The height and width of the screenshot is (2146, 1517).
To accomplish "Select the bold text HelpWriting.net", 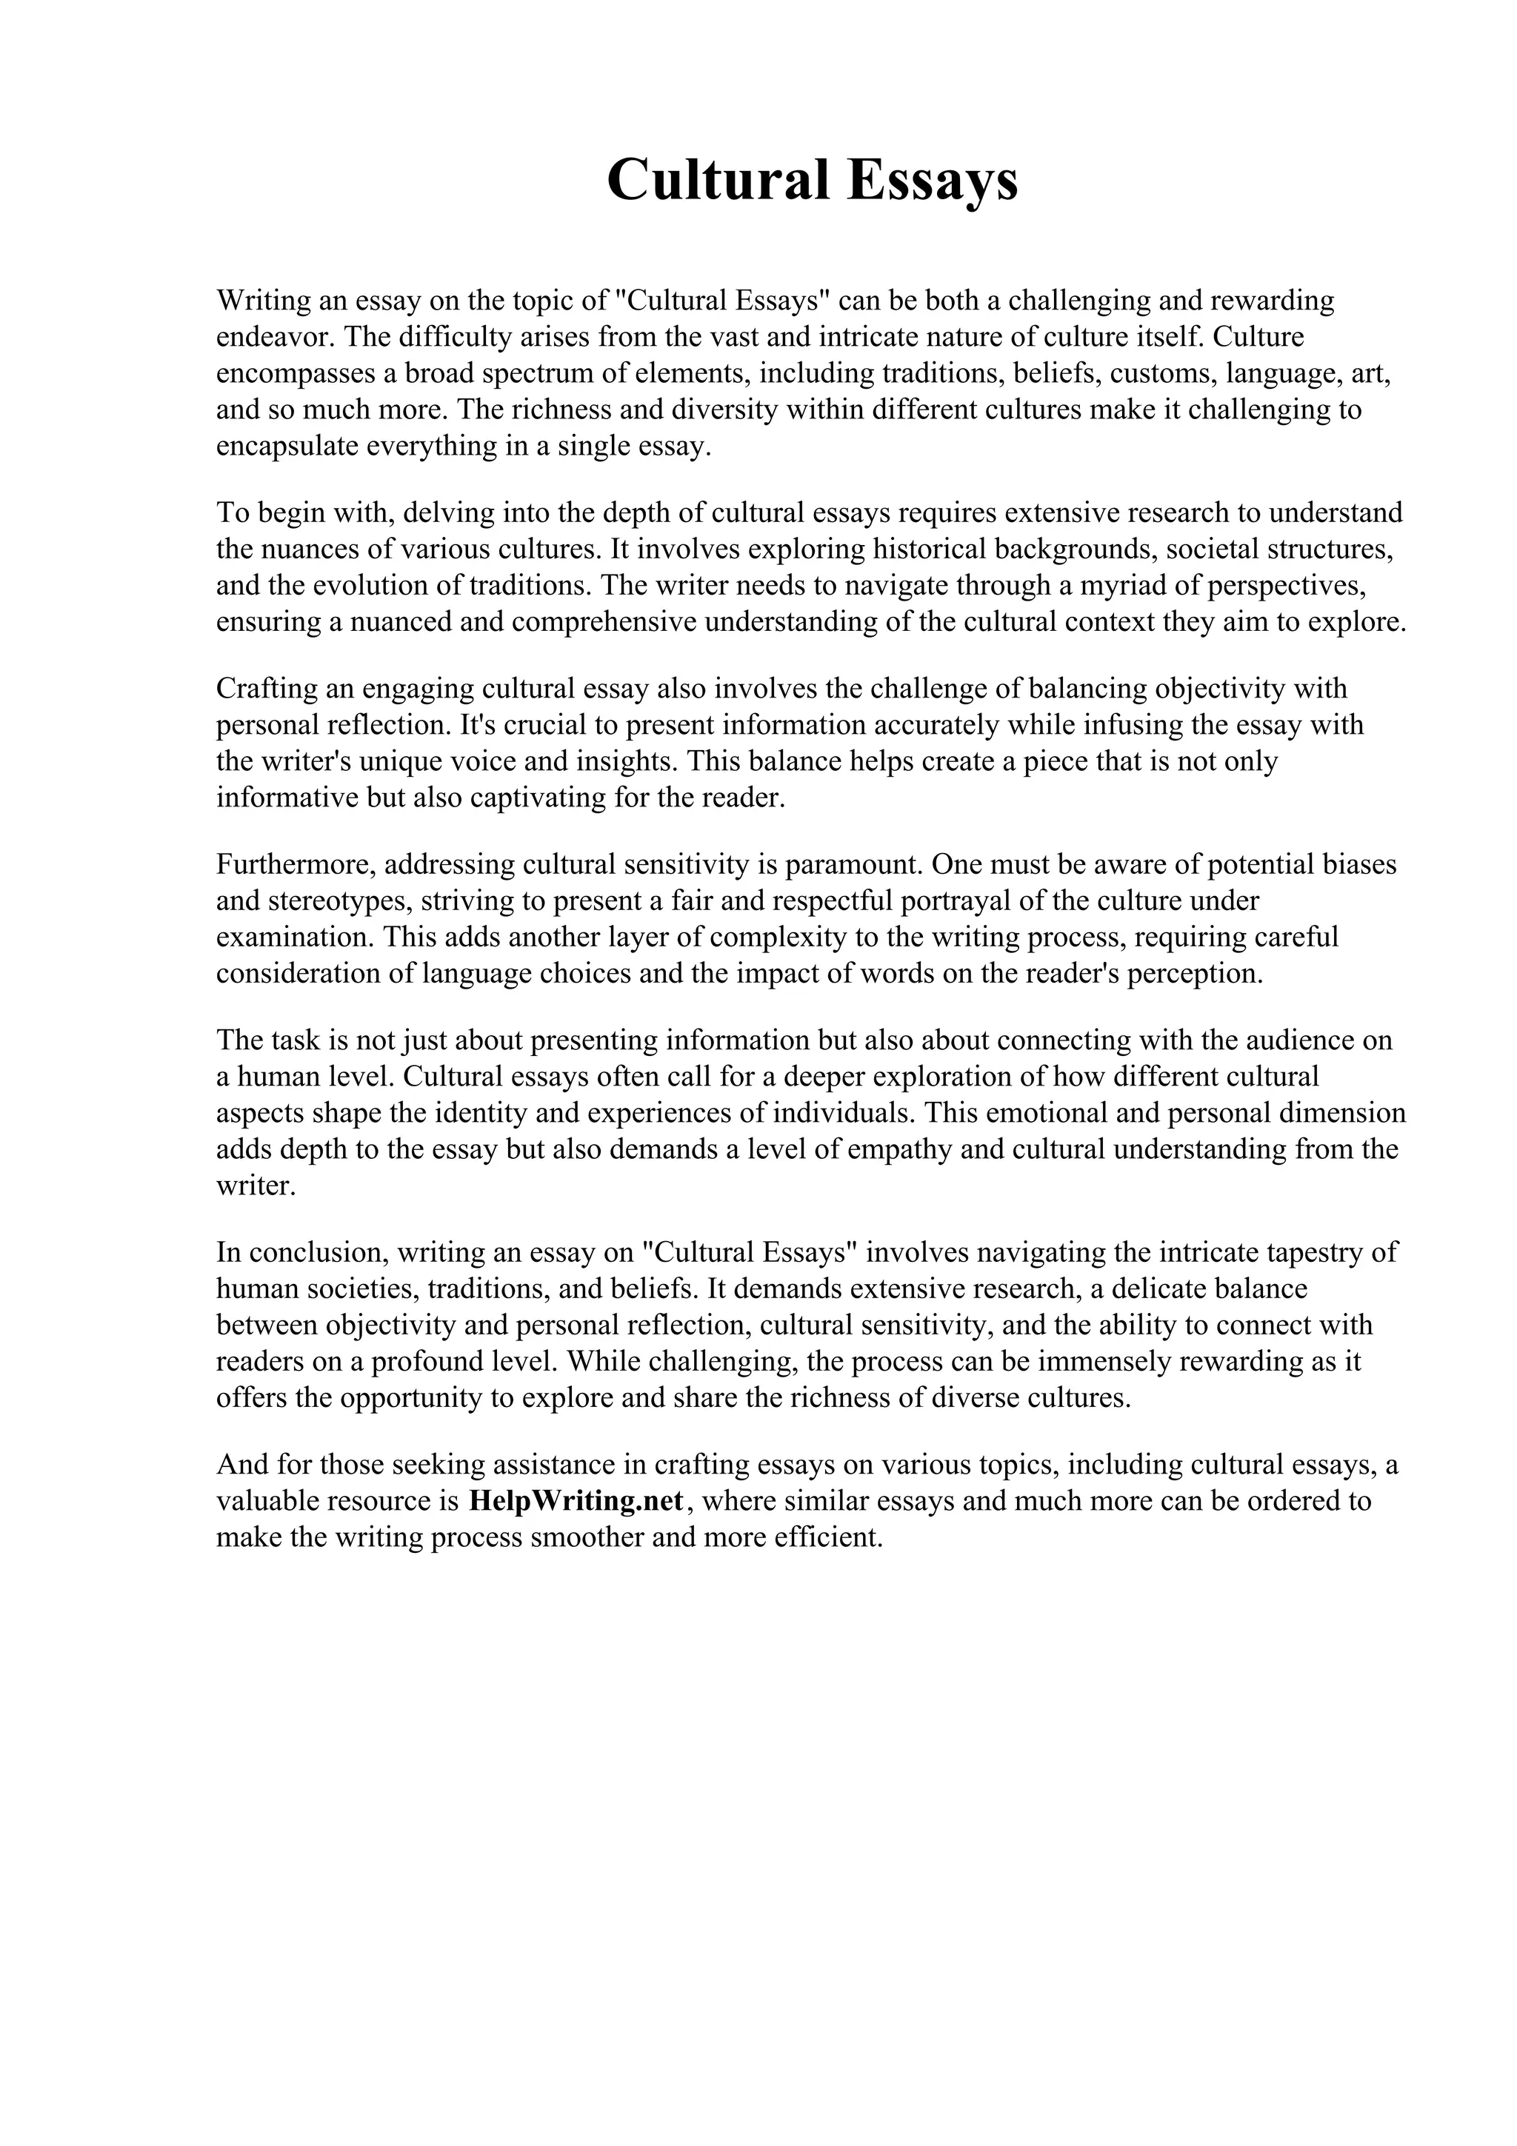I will pyautogui.click(x=576, y=1500).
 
